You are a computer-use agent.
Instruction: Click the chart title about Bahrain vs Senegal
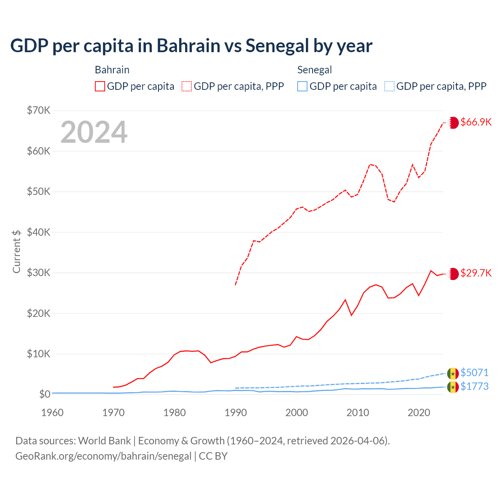pos(191,46)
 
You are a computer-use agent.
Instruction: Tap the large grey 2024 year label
pos(94,132)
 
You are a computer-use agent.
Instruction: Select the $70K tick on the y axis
pos(39,110)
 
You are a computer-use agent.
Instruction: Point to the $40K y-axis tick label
pos(39,232)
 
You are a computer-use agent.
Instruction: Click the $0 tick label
pos(45,394)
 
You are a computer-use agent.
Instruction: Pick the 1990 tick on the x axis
pos(235,413)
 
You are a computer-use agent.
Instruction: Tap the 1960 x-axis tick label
pos(52,413)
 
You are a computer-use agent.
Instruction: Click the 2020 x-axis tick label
pos(419,413)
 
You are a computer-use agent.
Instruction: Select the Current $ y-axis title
pos(16,251)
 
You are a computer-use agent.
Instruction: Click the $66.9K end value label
pos(476,122)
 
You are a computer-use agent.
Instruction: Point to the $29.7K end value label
pos(476,273)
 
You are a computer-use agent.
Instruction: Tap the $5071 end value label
pos(474,373)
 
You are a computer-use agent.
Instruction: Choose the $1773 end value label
pos(474,387)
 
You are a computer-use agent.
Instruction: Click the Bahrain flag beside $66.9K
pos(453,123)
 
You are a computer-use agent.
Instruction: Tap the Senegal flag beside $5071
pos(453,373)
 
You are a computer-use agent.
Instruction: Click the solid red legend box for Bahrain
pos(100,86)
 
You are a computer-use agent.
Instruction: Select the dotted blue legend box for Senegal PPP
pos(389,86)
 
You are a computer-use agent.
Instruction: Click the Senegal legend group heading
pos(315,70)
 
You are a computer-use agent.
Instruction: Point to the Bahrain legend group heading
pos(112,70)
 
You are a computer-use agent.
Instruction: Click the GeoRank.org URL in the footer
pos(103,456)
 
